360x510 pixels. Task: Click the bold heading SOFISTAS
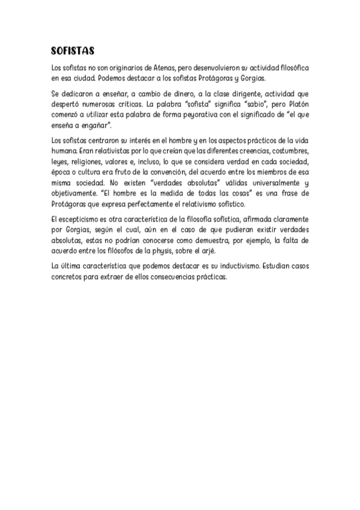(x=73, y=51)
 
